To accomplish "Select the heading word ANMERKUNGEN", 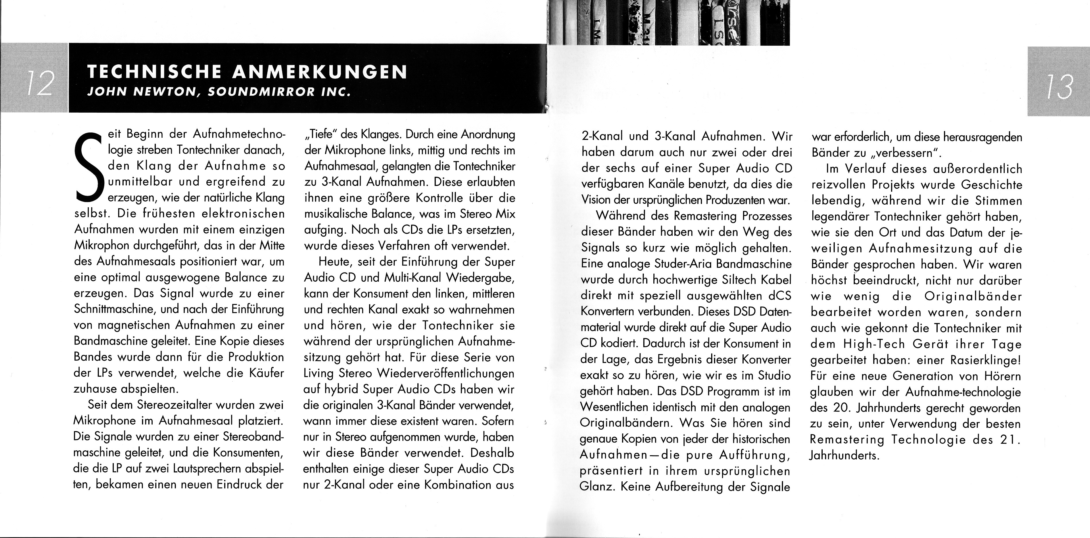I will point(320,72).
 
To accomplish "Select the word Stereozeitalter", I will point(174,405).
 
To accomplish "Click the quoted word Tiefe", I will point(321,135).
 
